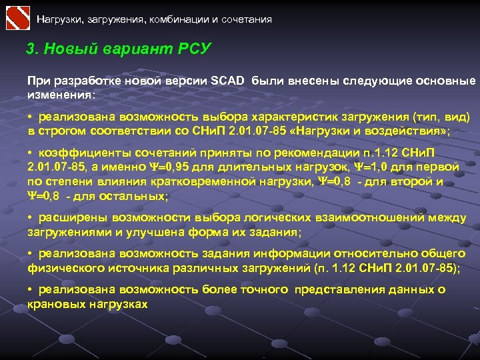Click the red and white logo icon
point(17,17)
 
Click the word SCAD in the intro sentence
point(229,81)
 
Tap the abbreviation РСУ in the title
point(195,49)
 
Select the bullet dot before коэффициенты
point(31,152)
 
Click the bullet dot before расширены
point(31,218)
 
